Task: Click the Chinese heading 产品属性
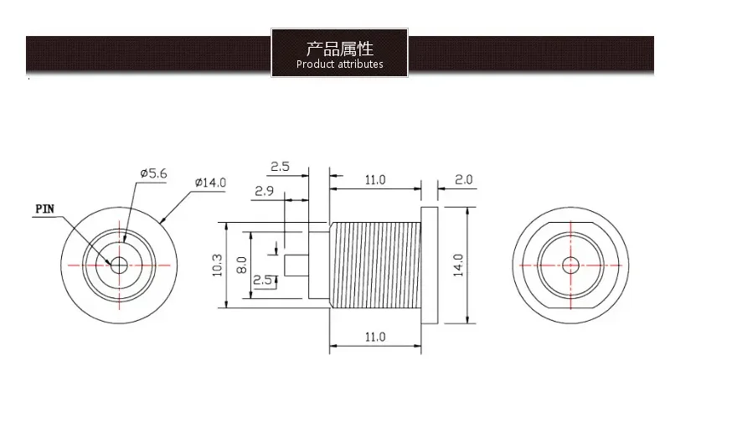click(339, 47)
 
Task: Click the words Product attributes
click(339, 64)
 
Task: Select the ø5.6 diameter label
click(153, 173)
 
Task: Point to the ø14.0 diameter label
click(209, 182)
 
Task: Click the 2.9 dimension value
click(265, 191)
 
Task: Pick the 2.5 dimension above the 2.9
click(280, 167)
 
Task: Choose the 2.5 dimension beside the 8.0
click(262, 280)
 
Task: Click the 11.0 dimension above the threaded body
click(374, 179)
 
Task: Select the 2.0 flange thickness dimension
click(463, 179)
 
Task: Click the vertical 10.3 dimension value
click(218, 265)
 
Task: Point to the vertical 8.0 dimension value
click(241, 265)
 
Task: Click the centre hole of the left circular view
click(120, 265)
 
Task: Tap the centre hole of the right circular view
click(570, 265)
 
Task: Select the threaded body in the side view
click(374, 265)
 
